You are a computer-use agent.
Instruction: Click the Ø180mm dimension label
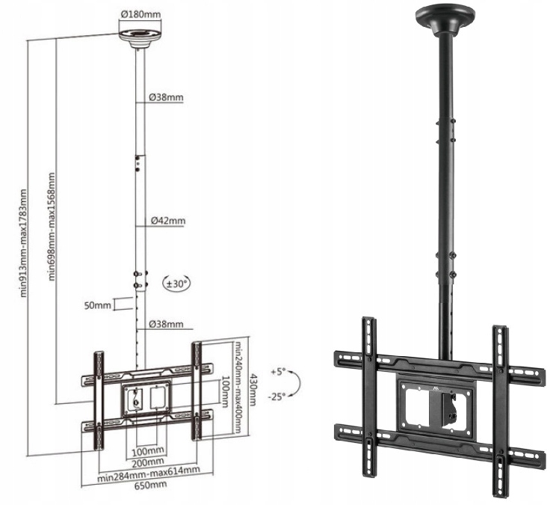point(140,14)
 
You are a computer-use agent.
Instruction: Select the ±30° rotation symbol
point(176,284)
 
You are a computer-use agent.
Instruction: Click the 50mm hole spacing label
point(97,305)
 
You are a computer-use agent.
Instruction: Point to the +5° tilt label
point(278,373)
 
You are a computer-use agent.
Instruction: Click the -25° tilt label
point(277,397)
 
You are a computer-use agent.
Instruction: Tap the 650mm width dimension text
point(150,485)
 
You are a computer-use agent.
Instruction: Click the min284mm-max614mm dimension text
point(149,474)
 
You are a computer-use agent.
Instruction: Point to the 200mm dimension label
point(148,462)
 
